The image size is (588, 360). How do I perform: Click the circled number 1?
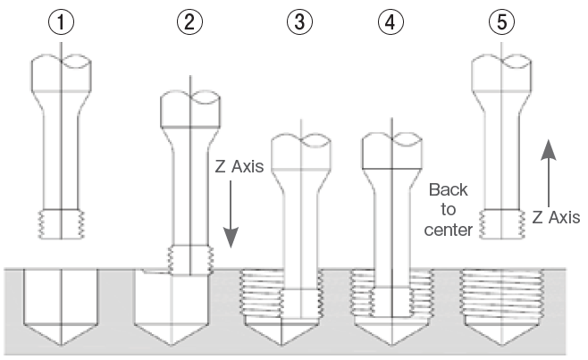click(x=60, y=22)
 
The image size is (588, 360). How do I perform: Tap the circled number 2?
click(x=186, y=22)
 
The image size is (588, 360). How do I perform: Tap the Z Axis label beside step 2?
click(x=239, y=168)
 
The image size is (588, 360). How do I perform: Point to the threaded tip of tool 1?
click(x=60, y=223)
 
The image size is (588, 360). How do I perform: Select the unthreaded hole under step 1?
click(x=60, y=295)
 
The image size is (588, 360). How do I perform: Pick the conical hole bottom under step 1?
click(x=60, y=338)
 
